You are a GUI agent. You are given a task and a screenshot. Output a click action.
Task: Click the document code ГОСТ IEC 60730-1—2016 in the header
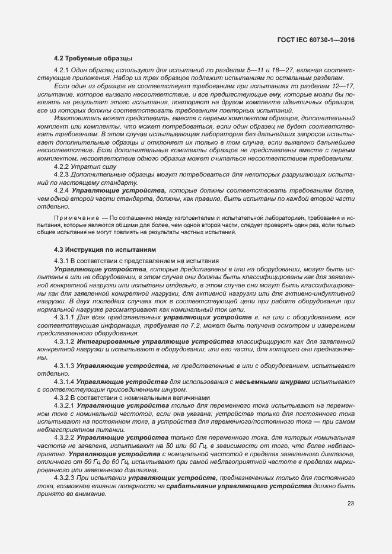coord(319,40)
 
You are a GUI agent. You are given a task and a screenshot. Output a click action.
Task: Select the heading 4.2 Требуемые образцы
coord(93,58)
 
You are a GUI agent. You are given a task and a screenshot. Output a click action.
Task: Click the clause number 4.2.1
coord(62,71)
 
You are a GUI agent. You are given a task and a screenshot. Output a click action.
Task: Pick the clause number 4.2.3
coord(62,175)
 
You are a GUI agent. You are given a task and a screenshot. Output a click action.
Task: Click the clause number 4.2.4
coord(62,191)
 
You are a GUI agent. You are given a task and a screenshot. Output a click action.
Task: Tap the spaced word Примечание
coord(74,219)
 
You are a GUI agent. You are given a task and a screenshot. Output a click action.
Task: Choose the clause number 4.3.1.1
coord(64,318)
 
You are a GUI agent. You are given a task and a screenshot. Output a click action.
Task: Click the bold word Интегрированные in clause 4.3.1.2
coord(108,342)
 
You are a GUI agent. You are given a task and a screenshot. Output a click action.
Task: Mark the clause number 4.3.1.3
coord(64,366)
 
